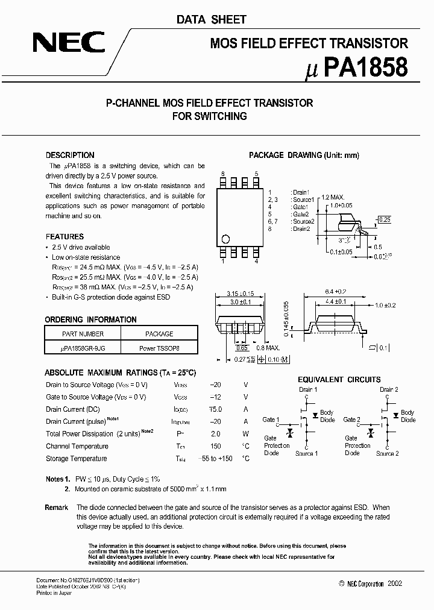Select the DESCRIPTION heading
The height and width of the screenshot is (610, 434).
70,155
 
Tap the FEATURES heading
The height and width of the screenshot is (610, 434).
64,237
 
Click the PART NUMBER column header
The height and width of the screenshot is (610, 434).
83,333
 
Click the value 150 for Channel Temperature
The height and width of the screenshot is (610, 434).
215,446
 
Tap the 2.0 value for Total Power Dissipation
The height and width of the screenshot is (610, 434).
215,434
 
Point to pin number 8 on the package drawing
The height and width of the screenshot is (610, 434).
222,174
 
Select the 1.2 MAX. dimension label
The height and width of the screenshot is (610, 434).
333,197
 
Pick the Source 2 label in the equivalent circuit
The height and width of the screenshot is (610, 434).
388,453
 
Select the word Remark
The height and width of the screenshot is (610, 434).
56,508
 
